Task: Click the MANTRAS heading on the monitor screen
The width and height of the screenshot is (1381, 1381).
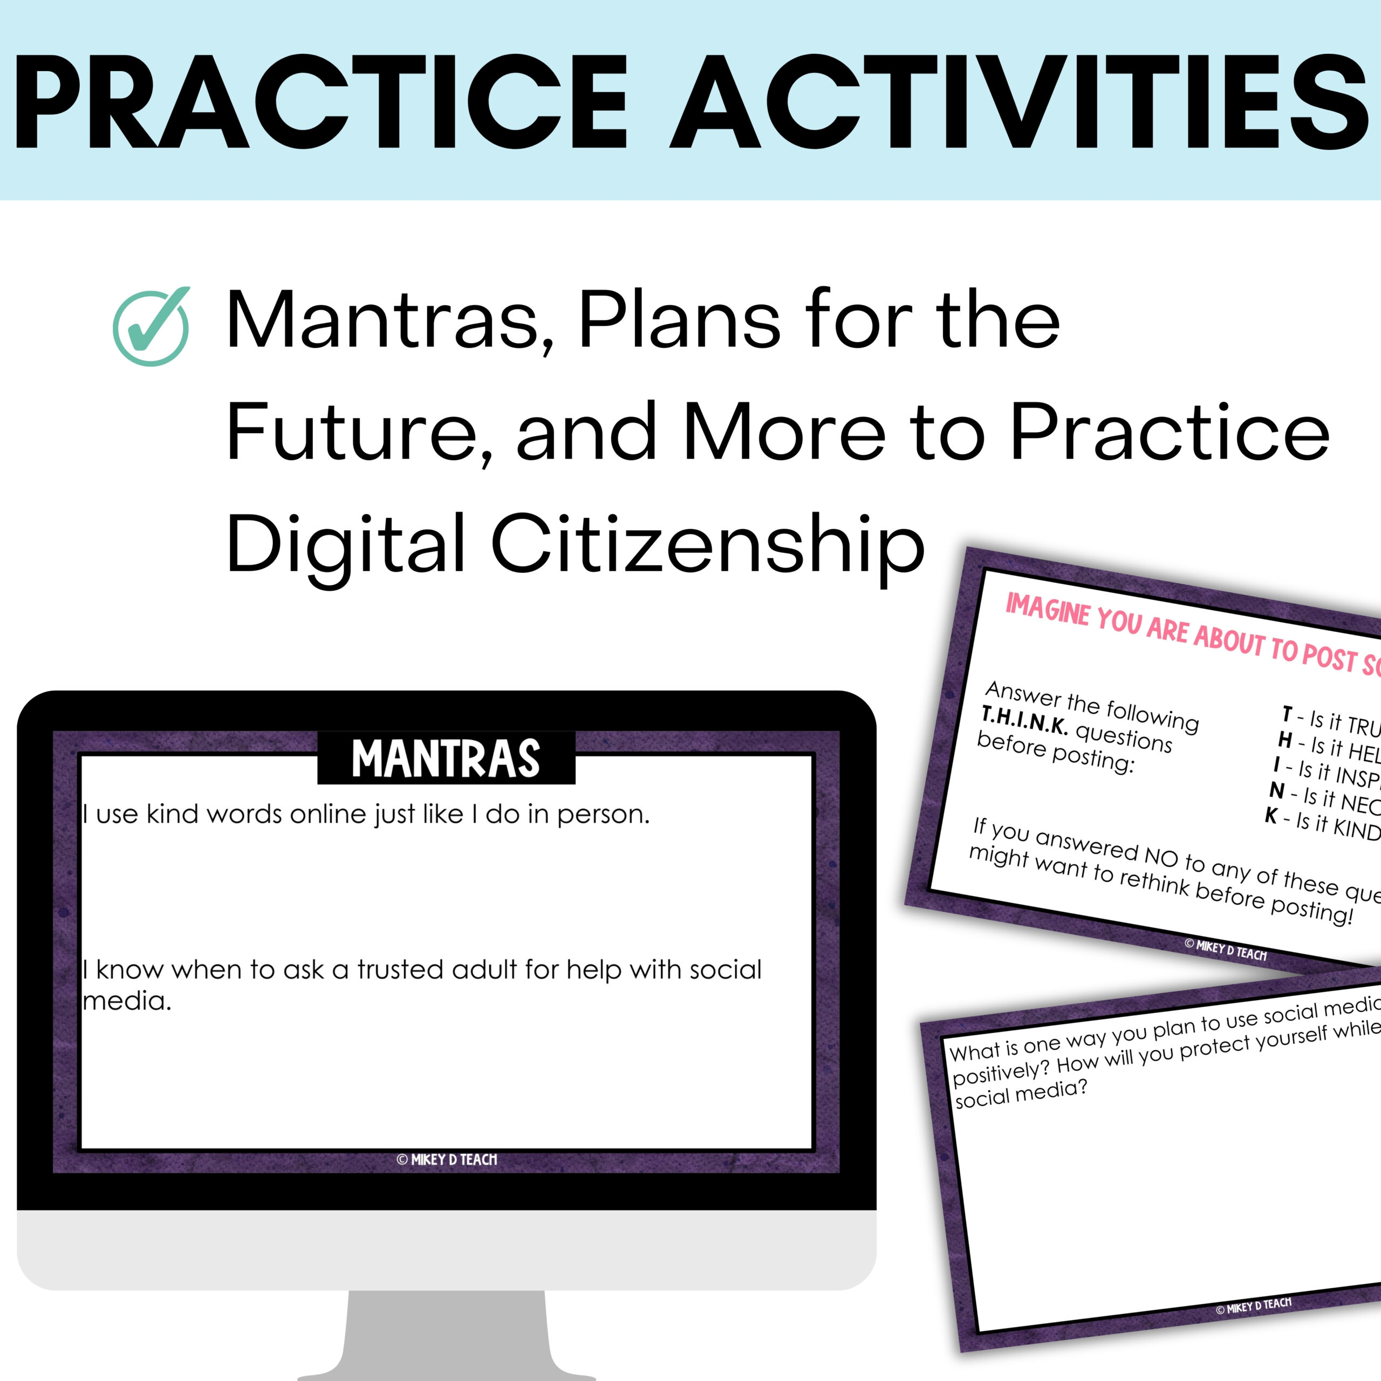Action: coord(446,759)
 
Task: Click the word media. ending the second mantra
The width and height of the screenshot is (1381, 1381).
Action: coord(127,1001)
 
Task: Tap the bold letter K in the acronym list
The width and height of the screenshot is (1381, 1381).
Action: coord(1271,816)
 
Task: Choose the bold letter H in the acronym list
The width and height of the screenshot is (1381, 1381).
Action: coord(1285,740)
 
